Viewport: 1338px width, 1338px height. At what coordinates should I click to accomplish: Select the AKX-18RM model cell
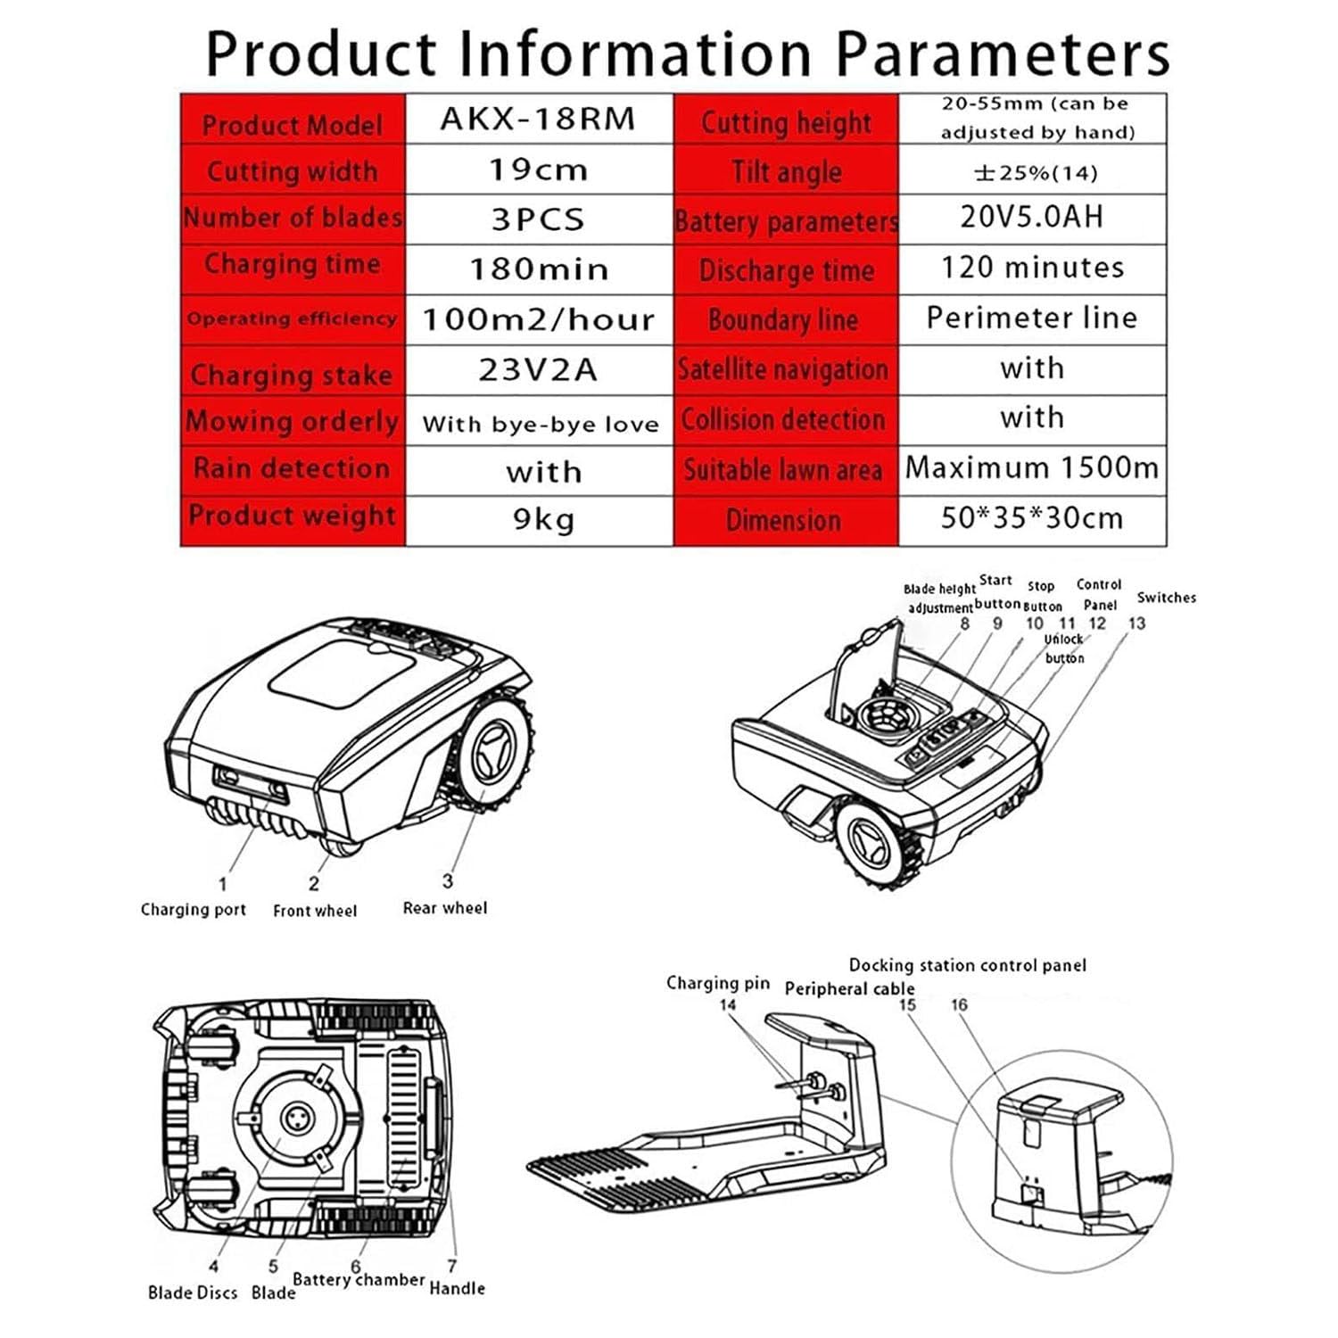(x=539, y=119)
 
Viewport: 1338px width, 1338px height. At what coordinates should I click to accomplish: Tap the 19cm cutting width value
(x=539, y=169)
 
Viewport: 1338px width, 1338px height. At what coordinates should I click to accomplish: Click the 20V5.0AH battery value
(x=1032, y=217)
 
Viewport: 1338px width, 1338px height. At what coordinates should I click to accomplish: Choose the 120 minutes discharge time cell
(x=1032, y=268)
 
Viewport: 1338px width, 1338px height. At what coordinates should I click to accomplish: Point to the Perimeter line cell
(x=1032, y=318)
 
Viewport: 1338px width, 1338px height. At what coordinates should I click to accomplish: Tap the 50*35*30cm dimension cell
(x=1032, y=518)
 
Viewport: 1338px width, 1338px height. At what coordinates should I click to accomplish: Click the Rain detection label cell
(x=293, y=469)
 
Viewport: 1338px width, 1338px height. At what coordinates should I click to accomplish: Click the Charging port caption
(x=194, y=910)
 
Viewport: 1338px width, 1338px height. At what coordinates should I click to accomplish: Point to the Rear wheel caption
(x=445, y=908)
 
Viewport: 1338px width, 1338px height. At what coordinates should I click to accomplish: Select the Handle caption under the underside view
(x=458, y=1288)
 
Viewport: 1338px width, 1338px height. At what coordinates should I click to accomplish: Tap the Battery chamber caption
(x=359, y=1280)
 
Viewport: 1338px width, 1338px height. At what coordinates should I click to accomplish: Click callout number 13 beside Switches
(x=1136, y=624)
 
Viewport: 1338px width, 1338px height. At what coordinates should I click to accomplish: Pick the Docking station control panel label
(x=968, y=965)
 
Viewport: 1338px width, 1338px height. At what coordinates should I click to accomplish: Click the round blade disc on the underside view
(x=294, y=1119)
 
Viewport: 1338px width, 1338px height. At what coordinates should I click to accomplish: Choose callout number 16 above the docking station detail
(x=959, y=1004)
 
